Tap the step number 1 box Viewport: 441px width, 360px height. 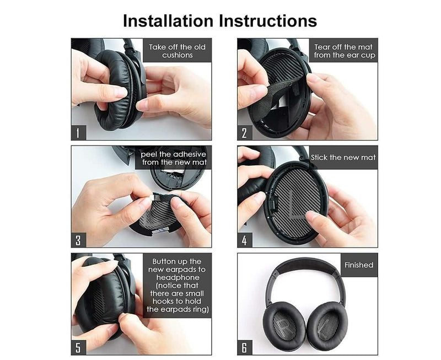click(x=79, y=133)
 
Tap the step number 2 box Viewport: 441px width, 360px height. click(x=245, y=133)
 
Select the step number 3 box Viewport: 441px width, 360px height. click(x=79, y=240)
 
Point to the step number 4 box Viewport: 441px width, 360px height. click(x=245, y=240)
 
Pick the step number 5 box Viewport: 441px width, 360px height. click(x=79, y=348)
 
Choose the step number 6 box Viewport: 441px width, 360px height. click(x=245, y=348)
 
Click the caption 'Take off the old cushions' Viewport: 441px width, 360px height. click(x=178, y=51)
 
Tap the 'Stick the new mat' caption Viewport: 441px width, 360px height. click(x=343, y=157)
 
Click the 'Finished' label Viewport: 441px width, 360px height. click(x=359, y=265)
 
